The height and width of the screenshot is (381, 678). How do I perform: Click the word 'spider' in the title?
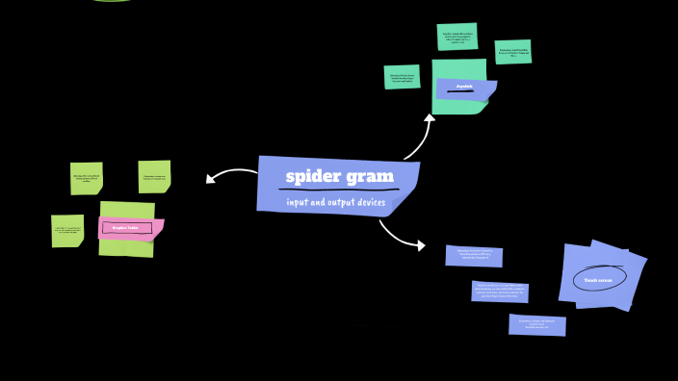[313, 176]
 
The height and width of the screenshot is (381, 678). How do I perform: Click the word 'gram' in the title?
[371, 176]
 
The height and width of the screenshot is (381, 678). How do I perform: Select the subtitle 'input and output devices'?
[336, 202]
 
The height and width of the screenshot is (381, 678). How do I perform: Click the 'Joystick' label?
[464, 86]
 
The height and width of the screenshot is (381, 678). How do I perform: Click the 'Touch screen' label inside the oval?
[598, 280]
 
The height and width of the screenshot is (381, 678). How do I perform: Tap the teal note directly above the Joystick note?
[456, 37]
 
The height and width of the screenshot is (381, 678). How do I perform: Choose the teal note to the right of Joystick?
[512, 52]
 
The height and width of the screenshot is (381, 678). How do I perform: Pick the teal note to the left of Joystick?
[402, 77]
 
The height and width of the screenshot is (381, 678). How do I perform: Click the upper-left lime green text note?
[86, 178]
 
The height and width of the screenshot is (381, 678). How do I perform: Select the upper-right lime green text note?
[154, 177]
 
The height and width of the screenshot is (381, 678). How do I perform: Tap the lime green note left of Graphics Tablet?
[67, 231]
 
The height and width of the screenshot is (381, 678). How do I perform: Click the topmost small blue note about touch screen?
[474, 255]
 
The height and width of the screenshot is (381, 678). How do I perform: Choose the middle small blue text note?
[500, 291]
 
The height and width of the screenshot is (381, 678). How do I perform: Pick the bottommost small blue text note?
[536, 324]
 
